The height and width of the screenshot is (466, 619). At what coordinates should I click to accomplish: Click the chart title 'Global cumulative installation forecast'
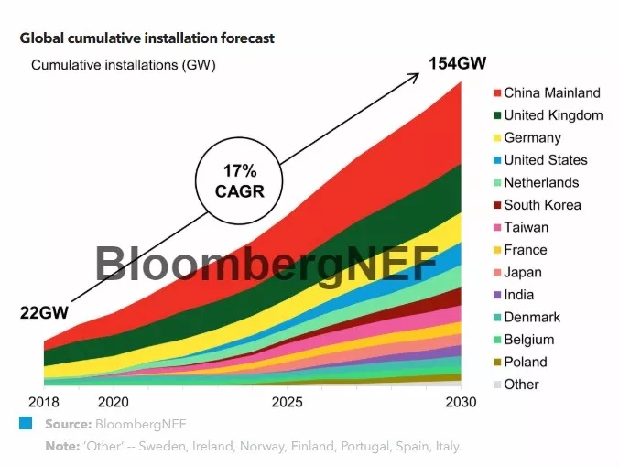[x=147, y=38]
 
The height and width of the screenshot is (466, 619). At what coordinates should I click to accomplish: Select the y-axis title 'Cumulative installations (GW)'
[x=124, y=65]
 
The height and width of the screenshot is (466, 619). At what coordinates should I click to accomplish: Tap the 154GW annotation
[x=457, y=64]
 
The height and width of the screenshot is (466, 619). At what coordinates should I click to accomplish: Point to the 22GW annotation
[x=45, y=312]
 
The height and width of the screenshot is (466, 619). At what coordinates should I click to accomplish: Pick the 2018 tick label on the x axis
[x=43, y=403]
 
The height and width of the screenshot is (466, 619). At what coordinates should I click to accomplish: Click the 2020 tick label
[x=113, y=403]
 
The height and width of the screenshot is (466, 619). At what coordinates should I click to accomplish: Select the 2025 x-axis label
[x=288, y=403]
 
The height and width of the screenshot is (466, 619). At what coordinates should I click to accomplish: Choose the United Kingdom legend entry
[x=553, y=115]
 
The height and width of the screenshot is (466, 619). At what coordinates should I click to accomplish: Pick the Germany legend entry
[x=532, y=137]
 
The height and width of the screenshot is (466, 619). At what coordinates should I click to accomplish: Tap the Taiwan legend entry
[x=526, y=227]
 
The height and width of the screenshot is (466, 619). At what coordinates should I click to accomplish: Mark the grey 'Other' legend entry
[x=521, y=385]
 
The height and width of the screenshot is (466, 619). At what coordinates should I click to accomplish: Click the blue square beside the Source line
[x=26, y=424]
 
